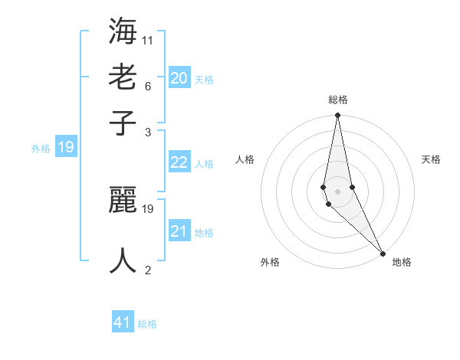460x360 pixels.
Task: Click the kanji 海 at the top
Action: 123,33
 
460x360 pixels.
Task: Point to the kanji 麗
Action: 123,201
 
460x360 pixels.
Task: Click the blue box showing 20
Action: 179,77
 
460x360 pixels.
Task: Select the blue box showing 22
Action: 179,162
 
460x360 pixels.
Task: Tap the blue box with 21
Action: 179,231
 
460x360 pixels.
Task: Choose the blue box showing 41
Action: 123,322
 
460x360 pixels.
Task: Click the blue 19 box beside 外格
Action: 65,147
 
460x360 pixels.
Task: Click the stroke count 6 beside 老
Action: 147,85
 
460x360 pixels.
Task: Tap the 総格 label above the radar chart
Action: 337,100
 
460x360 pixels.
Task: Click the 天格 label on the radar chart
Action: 431,159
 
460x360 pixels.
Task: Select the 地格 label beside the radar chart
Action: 402,262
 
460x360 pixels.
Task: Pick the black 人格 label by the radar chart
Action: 245,159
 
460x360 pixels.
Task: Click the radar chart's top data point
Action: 337,116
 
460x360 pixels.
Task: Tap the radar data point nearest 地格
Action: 383,253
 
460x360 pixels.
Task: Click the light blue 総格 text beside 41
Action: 147,324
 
